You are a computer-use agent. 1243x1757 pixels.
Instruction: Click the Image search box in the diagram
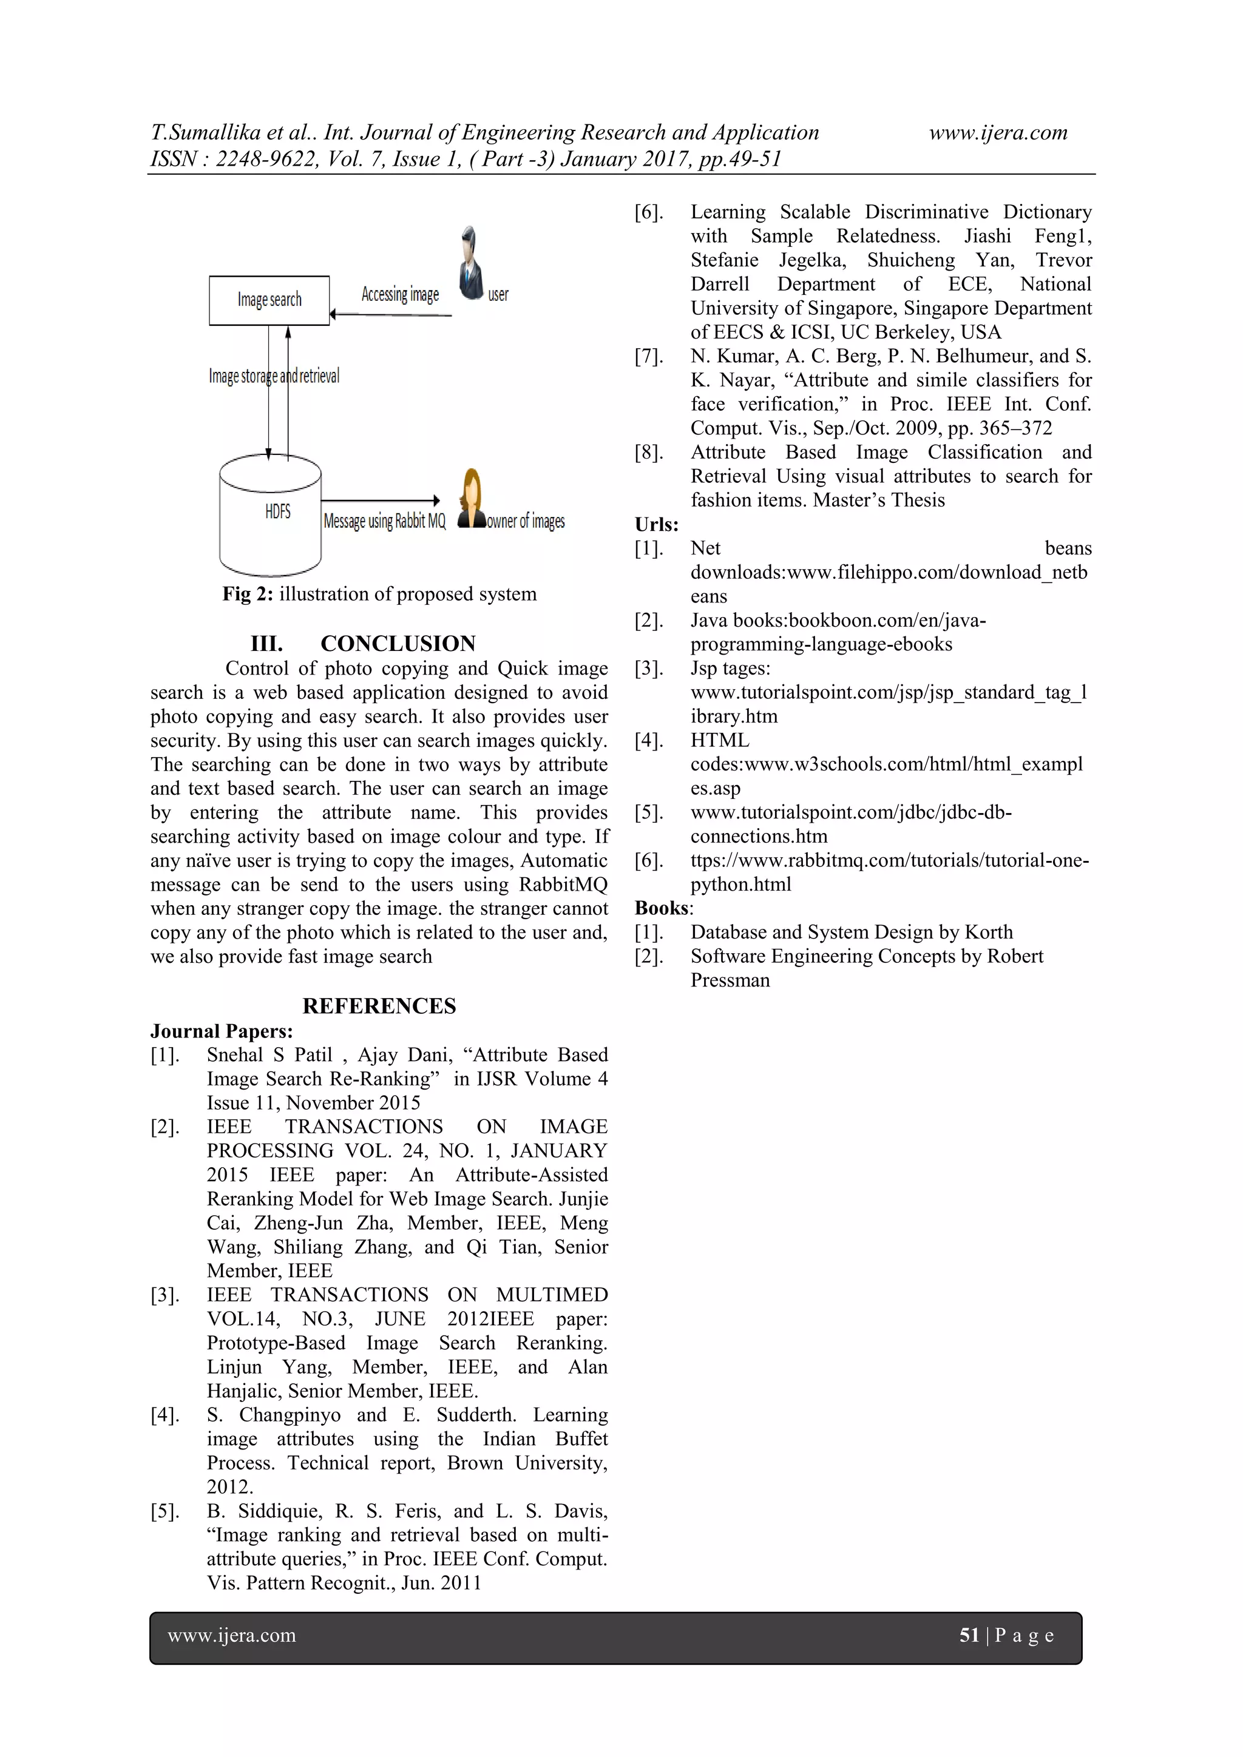click(x=269, y=300)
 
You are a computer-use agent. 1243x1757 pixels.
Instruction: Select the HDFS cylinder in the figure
click(x=270, y=514)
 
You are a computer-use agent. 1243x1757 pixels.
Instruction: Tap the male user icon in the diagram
click(x=470, y=263)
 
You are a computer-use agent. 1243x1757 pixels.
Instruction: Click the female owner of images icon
click(x=472, y=499)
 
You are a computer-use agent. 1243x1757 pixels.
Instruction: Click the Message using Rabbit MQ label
click(x=384, y=522)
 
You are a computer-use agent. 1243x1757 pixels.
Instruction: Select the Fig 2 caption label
click(x=247, y=595)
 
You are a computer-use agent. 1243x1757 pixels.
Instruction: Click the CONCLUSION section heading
click(x=398, y=644)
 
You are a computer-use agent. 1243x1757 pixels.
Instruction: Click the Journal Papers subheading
click(x=221, y=1031)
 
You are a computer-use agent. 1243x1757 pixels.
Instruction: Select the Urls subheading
click(x=656, y=525)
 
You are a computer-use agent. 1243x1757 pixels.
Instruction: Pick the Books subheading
click(x=663, y=908)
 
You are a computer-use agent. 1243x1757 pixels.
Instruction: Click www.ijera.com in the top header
click(x=997, y=133)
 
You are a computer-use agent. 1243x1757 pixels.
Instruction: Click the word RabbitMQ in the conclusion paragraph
click(x=563, y=885)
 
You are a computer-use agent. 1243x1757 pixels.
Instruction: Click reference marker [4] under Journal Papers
click(x=164, y=1415)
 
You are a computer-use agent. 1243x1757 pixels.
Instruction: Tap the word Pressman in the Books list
click(x=730, y=980)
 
